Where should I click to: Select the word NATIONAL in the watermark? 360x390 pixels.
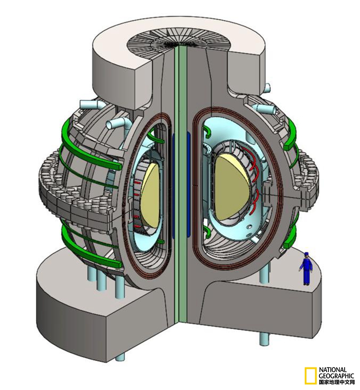[333, 370]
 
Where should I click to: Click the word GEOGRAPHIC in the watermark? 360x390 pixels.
[336, 376]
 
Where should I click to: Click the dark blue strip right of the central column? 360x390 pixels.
[189, 184]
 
